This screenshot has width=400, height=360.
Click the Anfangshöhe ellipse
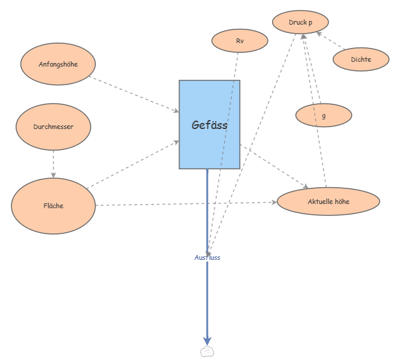[x=58, y=64]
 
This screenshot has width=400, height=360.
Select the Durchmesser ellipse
[x=53, y=127]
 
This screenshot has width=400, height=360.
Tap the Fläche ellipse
[x=53, y=206]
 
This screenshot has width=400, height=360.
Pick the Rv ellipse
[x=240, y=41]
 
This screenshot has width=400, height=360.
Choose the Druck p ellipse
[x=300, y=23]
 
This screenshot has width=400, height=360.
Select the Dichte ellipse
[x=361, y=59]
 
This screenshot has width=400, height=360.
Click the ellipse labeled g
[x=324, y=115]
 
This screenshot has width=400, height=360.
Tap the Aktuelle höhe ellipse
[x=328, y=202]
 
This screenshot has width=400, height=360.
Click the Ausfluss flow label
[x=207, y=257]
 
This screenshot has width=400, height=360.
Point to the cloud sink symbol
[x=207, y=351]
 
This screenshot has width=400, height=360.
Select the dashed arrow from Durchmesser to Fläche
[x=53, y=163]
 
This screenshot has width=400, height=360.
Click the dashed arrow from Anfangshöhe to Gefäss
[x=135, y=94]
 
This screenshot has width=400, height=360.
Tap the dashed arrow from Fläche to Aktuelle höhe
[x=186, y=204]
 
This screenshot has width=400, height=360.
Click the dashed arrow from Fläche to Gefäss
[x=133, y=165]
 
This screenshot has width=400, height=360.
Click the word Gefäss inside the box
[x=210, y=125]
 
